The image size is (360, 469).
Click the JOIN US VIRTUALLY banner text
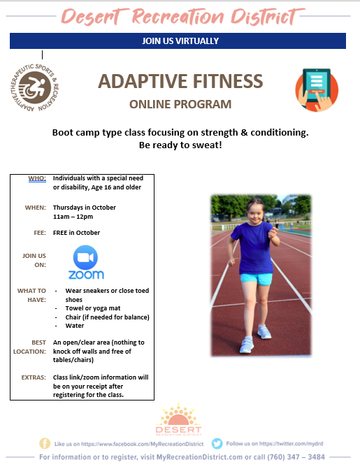[180, 41]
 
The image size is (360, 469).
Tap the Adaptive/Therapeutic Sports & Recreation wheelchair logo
[34, 87]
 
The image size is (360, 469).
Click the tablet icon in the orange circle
[317, 89]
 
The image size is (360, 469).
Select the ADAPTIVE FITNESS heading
[180, 81]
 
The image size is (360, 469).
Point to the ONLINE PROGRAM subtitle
[180, 104]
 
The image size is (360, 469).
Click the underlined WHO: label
[37, 178]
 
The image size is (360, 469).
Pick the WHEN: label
[36, 208]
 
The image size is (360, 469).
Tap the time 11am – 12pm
[73, 217]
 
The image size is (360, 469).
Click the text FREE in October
[76, 233]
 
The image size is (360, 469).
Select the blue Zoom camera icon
[85, 257]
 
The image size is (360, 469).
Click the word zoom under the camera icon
[86, 275]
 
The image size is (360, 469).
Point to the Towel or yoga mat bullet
[93, 308]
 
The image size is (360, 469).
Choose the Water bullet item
[75, 326]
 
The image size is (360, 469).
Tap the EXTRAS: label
[34, 377]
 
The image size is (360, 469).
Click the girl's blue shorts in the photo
[257, 279]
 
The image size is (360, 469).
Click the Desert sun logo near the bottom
[179, 419]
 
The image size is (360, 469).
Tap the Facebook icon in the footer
[45, 444]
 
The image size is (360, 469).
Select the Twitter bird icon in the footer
[217, 444]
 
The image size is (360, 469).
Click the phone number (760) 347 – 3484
[296, 457]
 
